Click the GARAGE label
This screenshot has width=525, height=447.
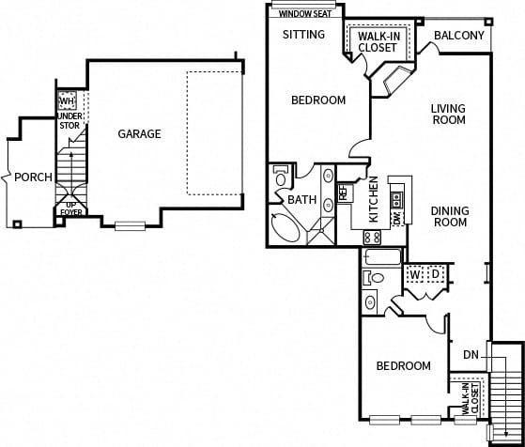coord(139,134)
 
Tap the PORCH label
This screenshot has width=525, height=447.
coord(34,177)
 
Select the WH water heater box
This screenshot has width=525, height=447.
coord(67,100)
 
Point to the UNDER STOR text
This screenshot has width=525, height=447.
coord(70,119)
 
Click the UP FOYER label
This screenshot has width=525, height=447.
coord(70,208)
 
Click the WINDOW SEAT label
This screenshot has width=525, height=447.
coord(303,14)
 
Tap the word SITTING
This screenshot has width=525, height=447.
coord(303,35)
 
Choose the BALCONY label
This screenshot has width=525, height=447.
coord(460,37)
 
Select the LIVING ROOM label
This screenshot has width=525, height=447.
coord(448,115)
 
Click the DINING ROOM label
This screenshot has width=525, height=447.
coord(449,217)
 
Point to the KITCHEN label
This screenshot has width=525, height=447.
coord(373,198)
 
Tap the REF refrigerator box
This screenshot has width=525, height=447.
coord(344,193)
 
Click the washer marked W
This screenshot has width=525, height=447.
coord(413,274)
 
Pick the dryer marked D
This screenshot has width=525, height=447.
coord(435,274)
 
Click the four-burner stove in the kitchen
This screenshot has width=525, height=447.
coord(372,238)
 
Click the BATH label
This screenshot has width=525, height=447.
coord(301,200)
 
